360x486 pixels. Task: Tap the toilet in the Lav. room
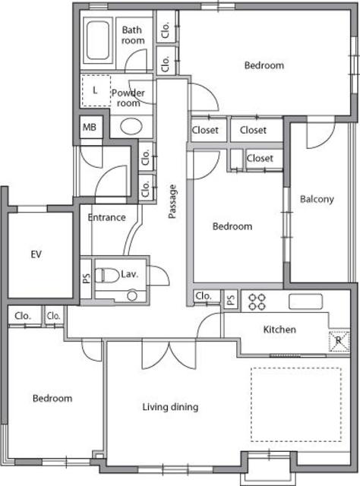pyautogui.click(x=106, y=275)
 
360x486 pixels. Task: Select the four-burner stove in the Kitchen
pyautogui.click(x=257, y=302)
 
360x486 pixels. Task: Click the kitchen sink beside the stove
pyautogui.click(x=306, y=301)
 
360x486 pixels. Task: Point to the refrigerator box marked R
pyautogui.click(x=339, y=341)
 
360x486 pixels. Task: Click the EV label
pyautogui.click(x=36, y=254)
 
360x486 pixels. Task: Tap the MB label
pyautogui.click(x=90, y=127)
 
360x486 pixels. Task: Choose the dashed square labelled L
pyautogui.click(x=96, y=90)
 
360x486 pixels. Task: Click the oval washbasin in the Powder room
pyautogui.click(x=131, y=127)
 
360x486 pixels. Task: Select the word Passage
pyautogui.click(x=172, y=201)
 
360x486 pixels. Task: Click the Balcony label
pyautogui.click(x=317, y=199)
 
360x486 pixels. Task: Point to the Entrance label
pyautogui.click(x=106, y=217)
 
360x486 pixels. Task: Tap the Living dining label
pyautogui.click(x=170, y=407)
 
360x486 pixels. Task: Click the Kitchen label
pyautogui.click(x=279, y=329)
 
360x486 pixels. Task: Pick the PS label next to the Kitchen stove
pyautogui.click(x=231, y=299)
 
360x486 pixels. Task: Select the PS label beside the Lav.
pyautogui.click(x=87, y=278)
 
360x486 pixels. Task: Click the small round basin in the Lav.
pyautogui.click(x=132, y=296)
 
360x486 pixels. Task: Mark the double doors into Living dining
pyautogui.click(x=169, y=355)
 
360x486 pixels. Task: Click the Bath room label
pyautogui.click(x=133, y=35)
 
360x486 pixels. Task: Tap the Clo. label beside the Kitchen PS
pyautogui.click(x=204, y=296)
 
